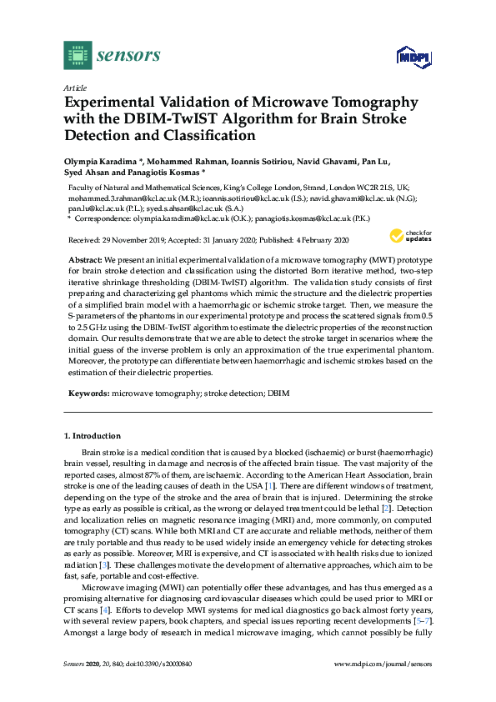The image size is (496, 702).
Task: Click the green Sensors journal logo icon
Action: [x=78, y=56]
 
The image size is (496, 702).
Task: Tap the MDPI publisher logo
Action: [x=410, y=57]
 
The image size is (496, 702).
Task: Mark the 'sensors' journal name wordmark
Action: [x=128, y=56]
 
